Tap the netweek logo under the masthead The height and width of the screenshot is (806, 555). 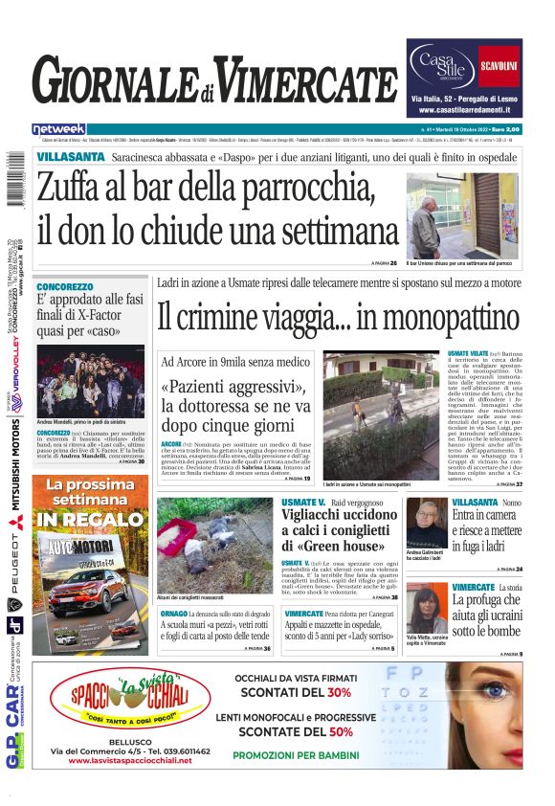pyautogui.click(x=58, y=128)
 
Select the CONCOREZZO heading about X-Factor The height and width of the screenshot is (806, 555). pyautogui.click(x=65, y=286)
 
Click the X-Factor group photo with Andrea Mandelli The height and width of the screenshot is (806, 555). pyautogui.click(x=91, y=381)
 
